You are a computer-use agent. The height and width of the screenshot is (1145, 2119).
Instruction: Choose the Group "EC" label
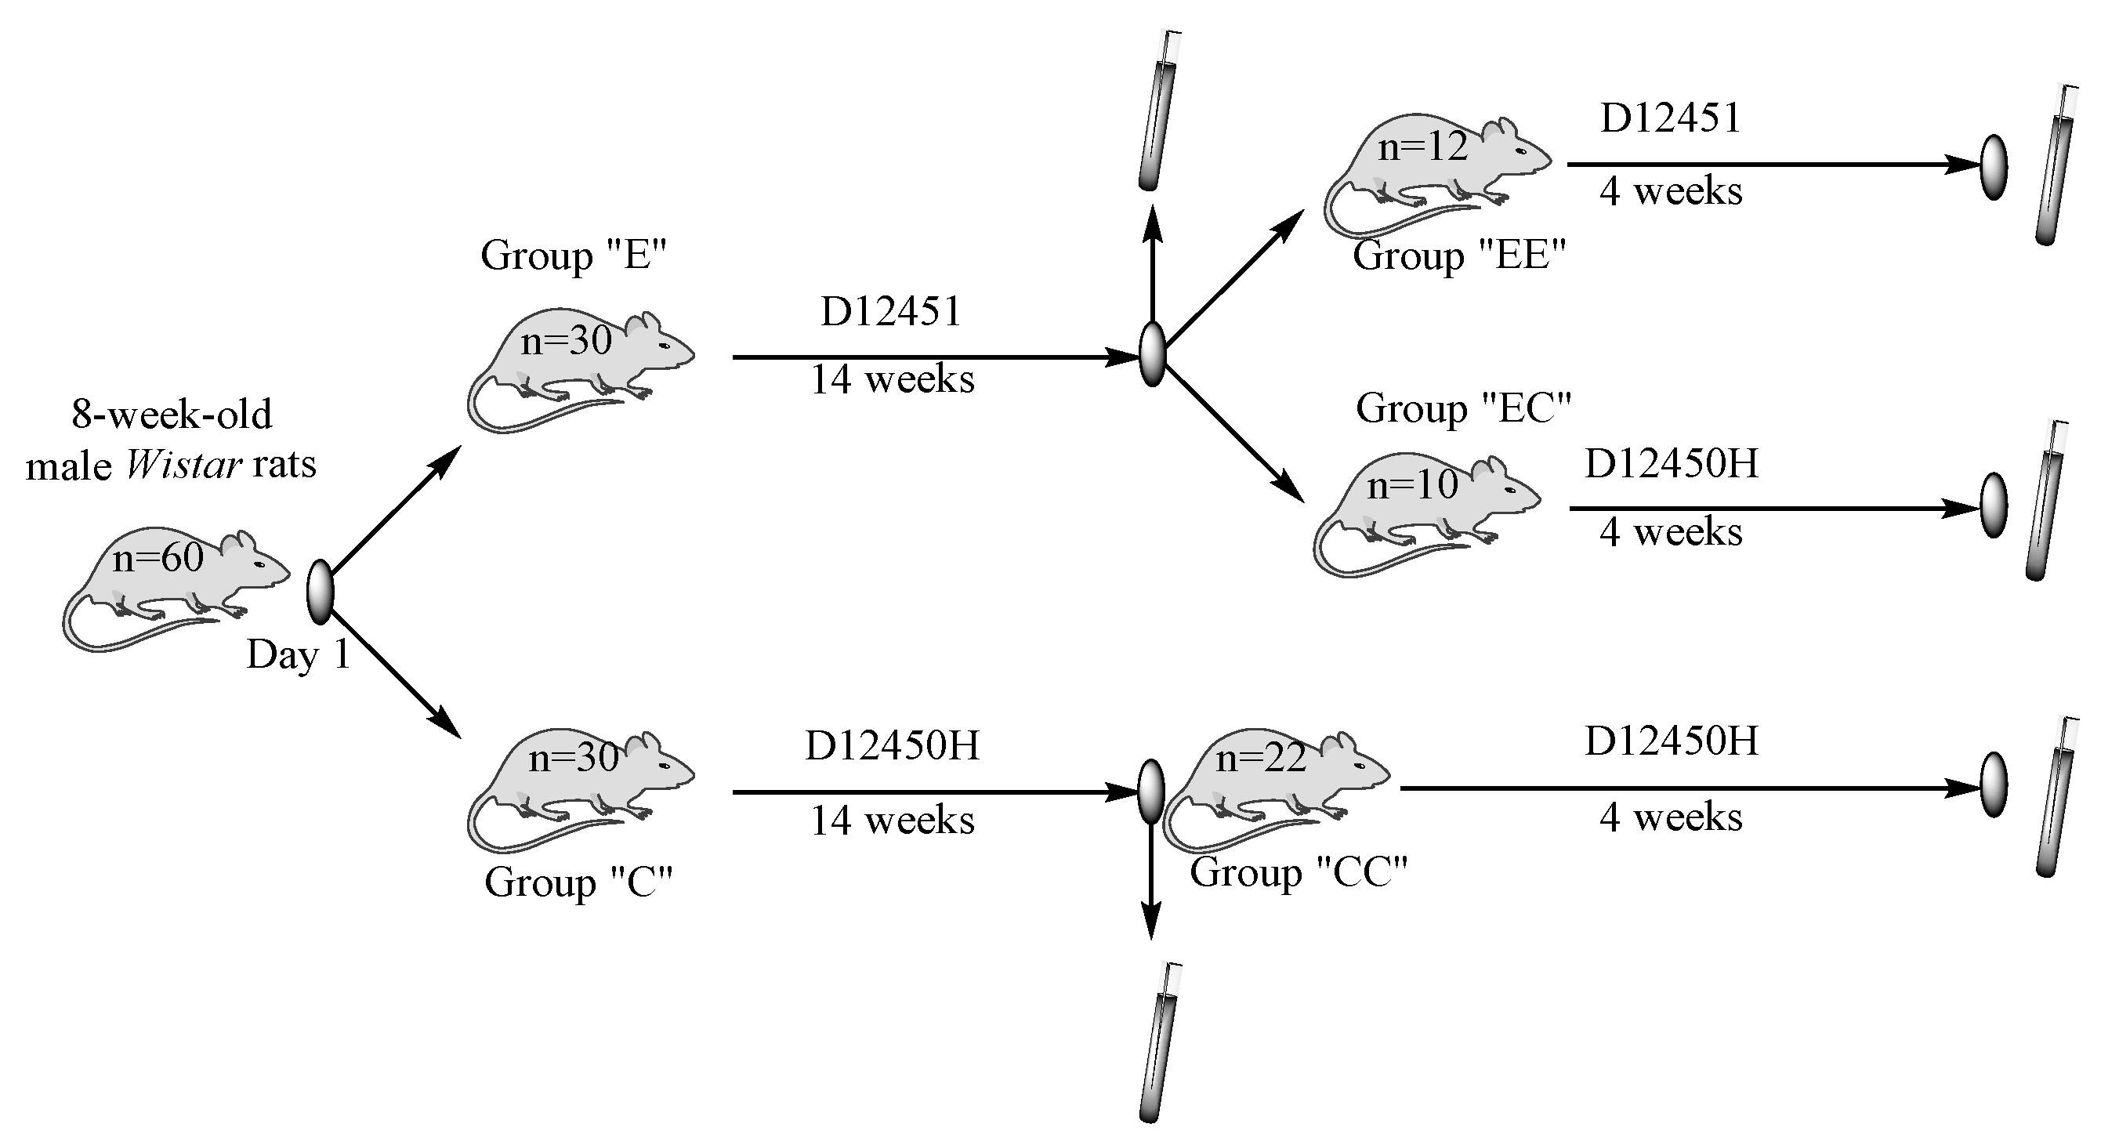1463,408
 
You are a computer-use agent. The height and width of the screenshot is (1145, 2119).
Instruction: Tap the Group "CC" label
1298,872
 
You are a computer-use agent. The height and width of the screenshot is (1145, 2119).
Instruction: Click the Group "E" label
574,255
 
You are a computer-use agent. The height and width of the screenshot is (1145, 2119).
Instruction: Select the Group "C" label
578,882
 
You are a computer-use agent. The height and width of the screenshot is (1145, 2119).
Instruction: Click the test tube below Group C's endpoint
1159,1042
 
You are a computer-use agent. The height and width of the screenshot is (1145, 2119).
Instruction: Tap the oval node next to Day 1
319,591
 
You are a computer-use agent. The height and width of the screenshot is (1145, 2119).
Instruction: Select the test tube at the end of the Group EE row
2056,165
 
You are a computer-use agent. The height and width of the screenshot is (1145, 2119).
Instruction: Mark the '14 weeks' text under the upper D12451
893,380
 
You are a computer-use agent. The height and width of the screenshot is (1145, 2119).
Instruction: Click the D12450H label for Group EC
1671,464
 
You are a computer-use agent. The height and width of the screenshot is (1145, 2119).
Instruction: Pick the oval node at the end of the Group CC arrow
1994,784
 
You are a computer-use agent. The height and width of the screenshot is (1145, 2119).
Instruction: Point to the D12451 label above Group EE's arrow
1671,118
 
